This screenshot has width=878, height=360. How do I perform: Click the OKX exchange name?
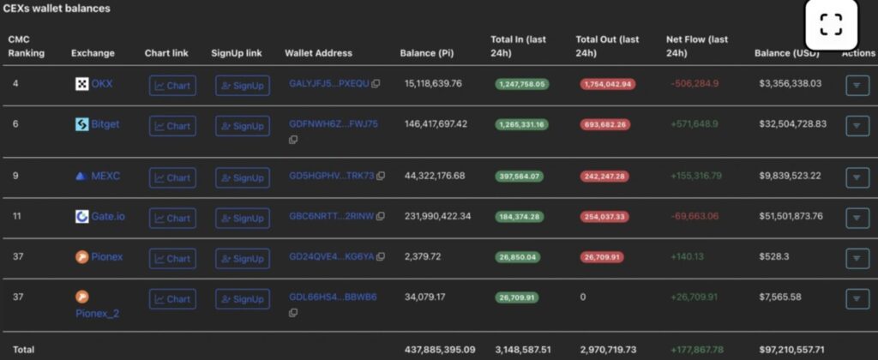point(101,84)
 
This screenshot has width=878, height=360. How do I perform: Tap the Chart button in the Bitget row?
point(172,126)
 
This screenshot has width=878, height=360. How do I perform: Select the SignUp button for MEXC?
point(242,178)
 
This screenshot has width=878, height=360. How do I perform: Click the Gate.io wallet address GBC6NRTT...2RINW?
point(331,216)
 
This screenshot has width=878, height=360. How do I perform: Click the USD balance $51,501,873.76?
point(791,216)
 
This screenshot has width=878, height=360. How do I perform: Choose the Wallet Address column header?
point(318,53)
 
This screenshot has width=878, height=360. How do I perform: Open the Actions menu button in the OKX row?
point(857,86)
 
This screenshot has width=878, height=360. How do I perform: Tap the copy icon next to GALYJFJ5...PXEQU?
point(376,84)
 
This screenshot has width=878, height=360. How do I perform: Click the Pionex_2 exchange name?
point(97,314)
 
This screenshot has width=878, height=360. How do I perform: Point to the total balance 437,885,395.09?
point(439,351)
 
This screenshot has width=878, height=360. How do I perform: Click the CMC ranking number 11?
point(17,216)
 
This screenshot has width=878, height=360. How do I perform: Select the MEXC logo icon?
point(81,177)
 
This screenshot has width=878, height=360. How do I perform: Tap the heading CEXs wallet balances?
point(57,9)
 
